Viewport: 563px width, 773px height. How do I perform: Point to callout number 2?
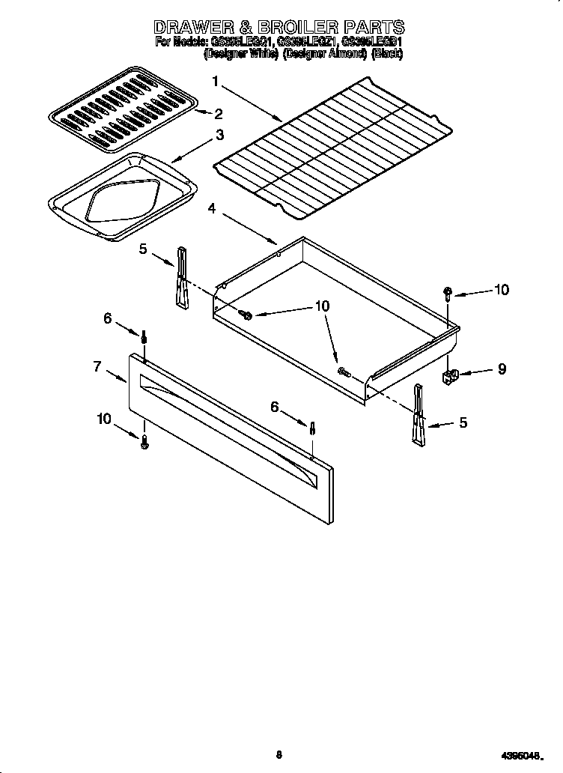[x=219, y=114]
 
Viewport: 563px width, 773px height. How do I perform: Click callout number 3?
[x=219, y=135]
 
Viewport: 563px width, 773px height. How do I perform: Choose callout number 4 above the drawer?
[x=213, y=209]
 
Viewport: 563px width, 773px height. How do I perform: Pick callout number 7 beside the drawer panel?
[x=97, y=366]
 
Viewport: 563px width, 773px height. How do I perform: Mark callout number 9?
[x=501, y=369]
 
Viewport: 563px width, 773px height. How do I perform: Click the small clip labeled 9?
[x=451, y=375]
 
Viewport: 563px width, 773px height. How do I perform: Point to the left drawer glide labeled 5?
[x=181, y=277]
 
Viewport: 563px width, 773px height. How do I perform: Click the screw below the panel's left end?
[x=144, y=442]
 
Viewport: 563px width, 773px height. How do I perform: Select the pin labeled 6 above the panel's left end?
[x=144, y=337]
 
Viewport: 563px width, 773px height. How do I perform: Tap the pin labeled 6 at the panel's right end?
[x=312, y=430]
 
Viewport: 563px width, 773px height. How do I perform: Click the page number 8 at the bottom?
[x=279, y=755]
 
